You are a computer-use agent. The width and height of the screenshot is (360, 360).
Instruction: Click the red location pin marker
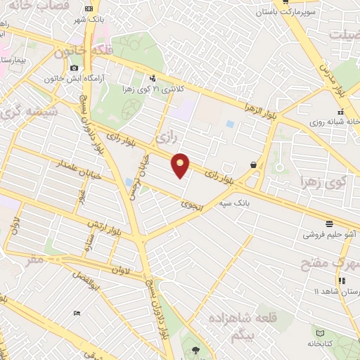coord(181,165)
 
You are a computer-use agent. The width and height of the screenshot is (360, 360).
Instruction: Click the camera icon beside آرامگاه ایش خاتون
coord(74,67)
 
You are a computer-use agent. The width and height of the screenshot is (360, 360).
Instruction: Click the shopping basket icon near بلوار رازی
coord(252,165)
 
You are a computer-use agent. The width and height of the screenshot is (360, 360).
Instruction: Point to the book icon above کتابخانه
coord(321,331)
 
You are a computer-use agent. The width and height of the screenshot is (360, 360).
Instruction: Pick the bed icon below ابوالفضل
coord(77,313)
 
